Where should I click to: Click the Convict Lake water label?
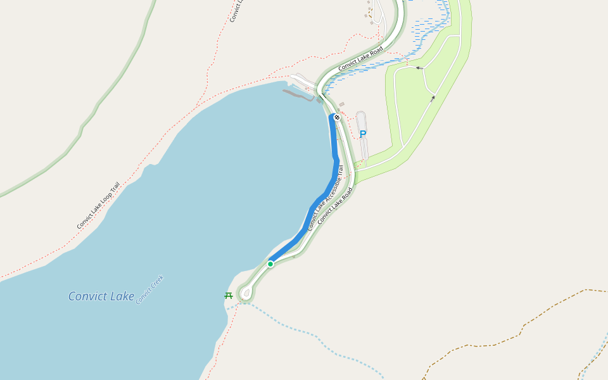(101, 296)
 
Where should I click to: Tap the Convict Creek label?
(149, 289)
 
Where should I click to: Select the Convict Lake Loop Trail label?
(98, 205)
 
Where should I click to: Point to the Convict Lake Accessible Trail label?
(326, 198)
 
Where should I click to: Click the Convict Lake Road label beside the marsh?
(360, 58)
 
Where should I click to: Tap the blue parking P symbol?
(363, 134)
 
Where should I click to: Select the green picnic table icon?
(229, 295)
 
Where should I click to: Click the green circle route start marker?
(270, 263)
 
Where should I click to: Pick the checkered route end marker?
(337, 117)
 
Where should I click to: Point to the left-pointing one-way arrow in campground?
(419, 68)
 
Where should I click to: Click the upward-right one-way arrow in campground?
(433, 98)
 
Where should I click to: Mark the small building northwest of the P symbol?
(342, 104)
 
